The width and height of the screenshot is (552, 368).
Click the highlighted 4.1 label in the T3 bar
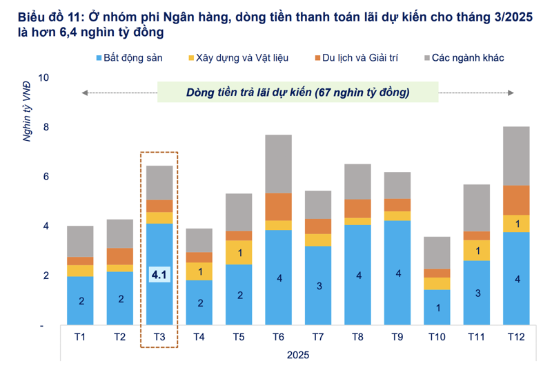159,275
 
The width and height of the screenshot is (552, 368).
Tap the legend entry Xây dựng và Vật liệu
242,58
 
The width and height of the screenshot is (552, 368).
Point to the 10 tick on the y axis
43,77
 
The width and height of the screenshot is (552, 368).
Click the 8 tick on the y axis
46,127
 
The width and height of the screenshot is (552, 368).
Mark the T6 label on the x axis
278,337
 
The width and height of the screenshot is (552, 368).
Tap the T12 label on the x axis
516,337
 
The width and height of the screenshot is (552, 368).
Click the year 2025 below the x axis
297,355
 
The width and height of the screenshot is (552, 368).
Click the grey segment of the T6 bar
278,164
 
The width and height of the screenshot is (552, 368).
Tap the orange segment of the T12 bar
516,200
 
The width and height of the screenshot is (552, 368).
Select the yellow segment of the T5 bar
239,252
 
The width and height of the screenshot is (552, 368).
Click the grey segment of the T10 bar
437,253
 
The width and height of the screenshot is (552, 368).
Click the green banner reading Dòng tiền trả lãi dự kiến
297,92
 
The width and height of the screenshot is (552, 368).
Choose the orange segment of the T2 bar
120,256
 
